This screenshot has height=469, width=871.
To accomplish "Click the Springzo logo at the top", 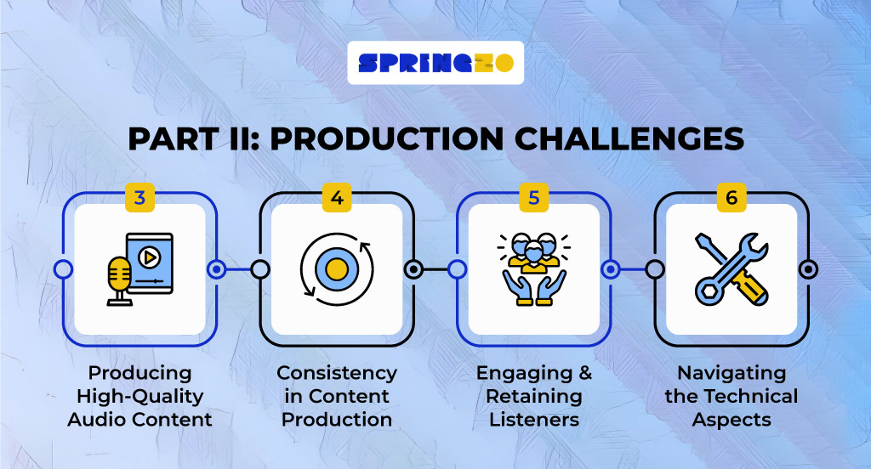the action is pyautogui.click(x=435, y=63).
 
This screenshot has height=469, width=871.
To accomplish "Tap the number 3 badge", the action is pyautogui.click(x=140, y=198).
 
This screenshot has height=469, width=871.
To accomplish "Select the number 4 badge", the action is pyautogui.click(x=337, y=198).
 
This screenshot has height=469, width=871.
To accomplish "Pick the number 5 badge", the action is pyautogui.click(x=534, y=198).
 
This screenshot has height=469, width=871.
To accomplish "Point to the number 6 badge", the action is pyautogui.click(x=732, y=198).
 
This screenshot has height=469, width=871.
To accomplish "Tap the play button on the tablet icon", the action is pyautogui.click(x=149, y=257).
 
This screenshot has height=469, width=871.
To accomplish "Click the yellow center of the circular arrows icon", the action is pyautogui.click(x=337, y=269).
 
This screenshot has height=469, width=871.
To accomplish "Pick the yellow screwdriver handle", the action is pyautogui.click(x=750, y=287).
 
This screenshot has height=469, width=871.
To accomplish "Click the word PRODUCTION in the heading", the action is pyautogui.click(x=387, y=138).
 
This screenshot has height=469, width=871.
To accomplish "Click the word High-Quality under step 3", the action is pyautogui.click(x=140, y=396).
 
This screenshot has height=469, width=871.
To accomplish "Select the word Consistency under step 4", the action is pyautogui.click(x=337, y=373).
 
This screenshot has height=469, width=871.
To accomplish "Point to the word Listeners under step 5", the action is pyautogui.click(x=534, y=420).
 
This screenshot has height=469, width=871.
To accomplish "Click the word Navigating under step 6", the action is pyautogui.click(x=732, y=373).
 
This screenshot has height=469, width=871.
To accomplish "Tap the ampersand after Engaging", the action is pyautogui.click(x=585, y=373).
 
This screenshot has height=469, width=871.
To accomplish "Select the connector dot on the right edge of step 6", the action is pyautogui.click(x=808, y=269).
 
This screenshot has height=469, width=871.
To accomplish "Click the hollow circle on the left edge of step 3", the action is pyautogui.click(x=63, y=269).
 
